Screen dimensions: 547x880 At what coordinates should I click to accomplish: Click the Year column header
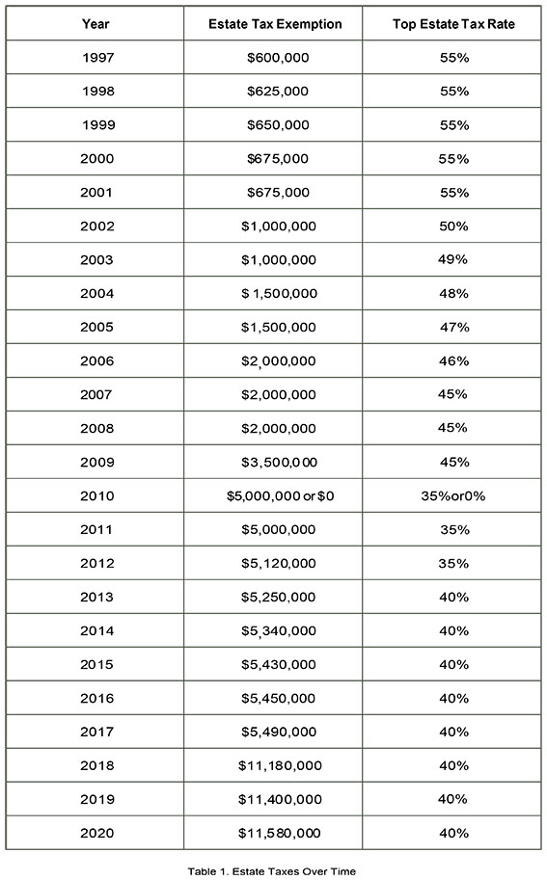[96, 23]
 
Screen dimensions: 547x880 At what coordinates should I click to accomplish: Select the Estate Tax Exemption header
[275, 24]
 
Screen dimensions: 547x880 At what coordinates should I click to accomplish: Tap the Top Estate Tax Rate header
[453, 24]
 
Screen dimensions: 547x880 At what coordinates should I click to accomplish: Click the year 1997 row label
[97, 57]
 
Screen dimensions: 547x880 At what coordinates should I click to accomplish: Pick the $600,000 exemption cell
[278, 57]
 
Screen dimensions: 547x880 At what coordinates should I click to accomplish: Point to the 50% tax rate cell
[453, 227]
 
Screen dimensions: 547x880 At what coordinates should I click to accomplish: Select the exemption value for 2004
[279, 294]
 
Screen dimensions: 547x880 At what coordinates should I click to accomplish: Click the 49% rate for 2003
[452, 259]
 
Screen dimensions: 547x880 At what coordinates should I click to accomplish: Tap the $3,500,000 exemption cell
[279, 463]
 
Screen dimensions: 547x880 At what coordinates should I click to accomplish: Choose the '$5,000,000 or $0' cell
[280, 496]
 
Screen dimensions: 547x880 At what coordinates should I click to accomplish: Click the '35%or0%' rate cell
[453, 496]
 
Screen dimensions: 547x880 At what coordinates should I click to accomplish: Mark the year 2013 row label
[96, 598]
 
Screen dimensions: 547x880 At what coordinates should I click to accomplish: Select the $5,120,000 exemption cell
[279, 564]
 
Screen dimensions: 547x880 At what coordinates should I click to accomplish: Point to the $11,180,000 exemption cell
[280, 765]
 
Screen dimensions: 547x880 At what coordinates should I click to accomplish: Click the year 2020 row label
[96, 833]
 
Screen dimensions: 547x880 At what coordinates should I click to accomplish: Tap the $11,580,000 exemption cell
[279, 834]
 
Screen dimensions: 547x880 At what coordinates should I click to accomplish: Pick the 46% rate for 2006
[453, 360]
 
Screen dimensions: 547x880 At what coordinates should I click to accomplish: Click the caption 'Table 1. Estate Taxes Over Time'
[272, 871]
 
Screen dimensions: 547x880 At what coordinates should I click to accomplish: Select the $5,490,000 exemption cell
[279, 732]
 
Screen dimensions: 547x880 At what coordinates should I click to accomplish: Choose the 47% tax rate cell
[454, 327]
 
